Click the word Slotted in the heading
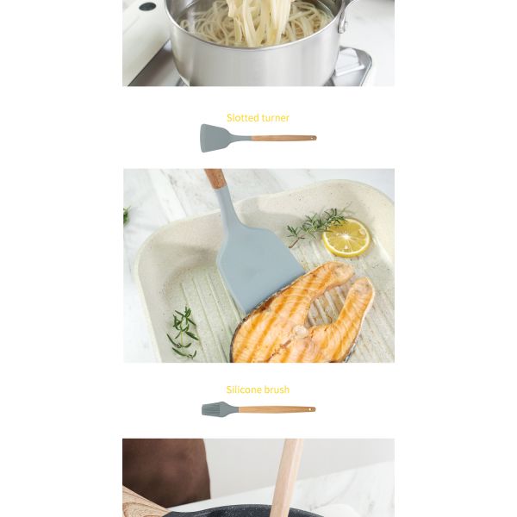pos(243,118)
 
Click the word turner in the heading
pos(276,118)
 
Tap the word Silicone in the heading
pos(244,389)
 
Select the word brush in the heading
pos(277,389)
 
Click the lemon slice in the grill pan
pos(346,238)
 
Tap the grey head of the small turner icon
pos(219,138)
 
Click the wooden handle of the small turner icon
pos(283,138)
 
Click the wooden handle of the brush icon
pos(277,409)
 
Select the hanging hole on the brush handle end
pos(310,409)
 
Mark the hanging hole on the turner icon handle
pos(311,138)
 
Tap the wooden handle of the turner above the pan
pos(215,178)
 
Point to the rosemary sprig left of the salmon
pos(184,333)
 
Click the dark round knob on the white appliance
pos(147,6)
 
